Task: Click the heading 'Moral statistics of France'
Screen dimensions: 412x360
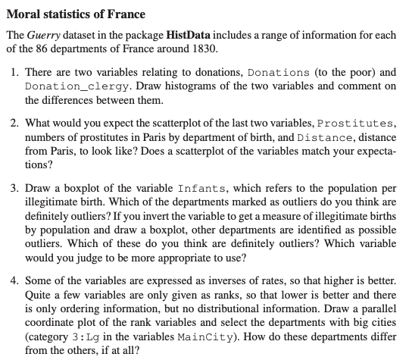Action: [x=76, y=14]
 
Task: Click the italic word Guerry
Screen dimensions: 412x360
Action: [x=44, y=36]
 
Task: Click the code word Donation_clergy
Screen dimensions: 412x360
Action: [x=70, y=86]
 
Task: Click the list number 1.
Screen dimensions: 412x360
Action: [x=16, y=73]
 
